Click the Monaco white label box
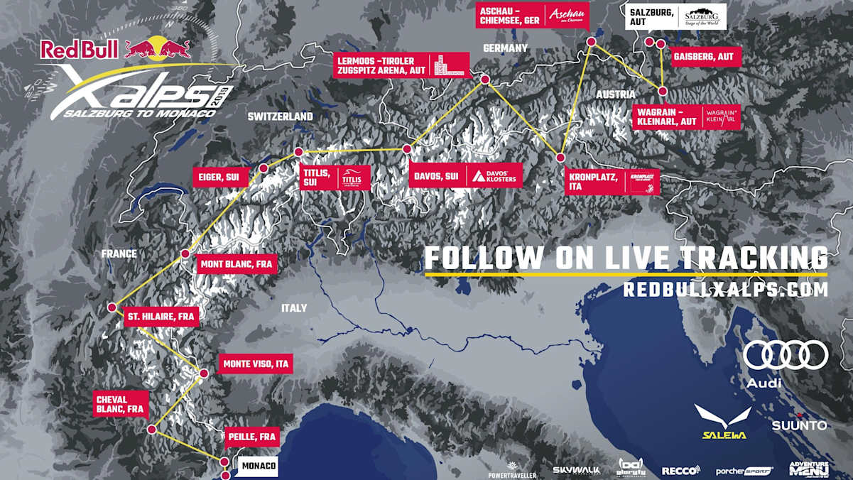(x=256, y=466)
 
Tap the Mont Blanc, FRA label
(x=235, y=265)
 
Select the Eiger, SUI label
(x=220, y=177)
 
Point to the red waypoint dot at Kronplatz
(x=560, y=158)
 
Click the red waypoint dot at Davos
(x=407, y=149)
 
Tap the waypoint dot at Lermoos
(x=486, y=80)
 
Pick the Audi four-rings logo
(x=786, y=355)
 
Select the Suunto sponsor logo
(x=799, y=425)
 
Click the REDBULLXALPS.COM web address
(x=725, y=290)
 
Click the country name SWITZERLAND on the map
(x=280, y=116)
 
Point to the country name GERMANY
(x=505, y=48)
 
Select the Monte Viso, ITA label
(x=256, y=364)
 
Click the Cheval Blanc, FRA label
(x=120, y=404)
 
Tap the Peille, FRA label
(x=251, y=437)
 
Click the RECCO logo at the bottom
(x=680, y=470)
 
